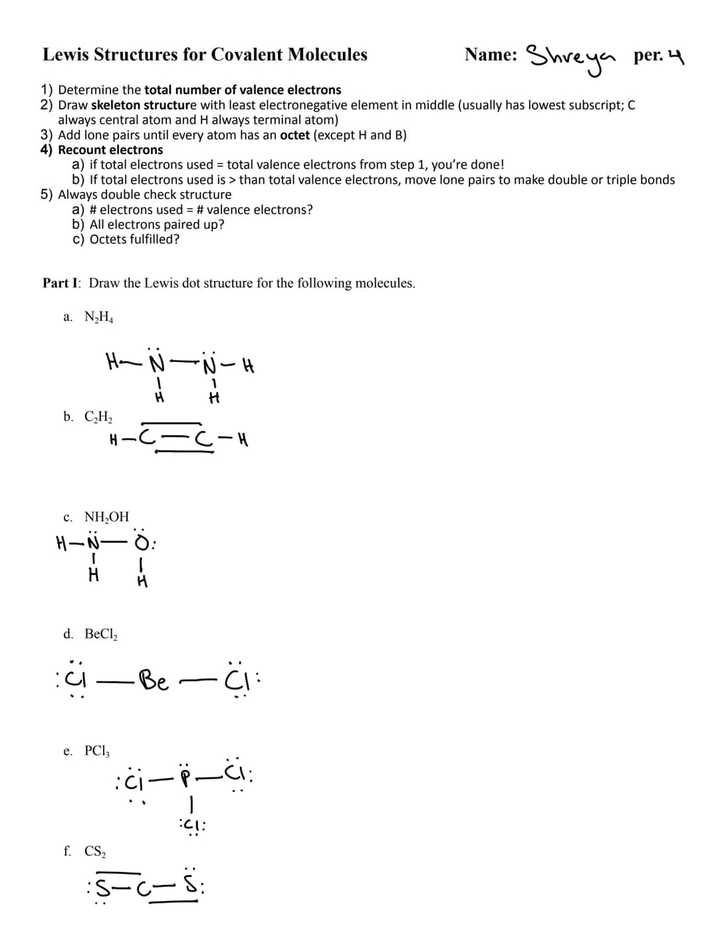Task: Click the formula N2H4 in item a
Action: tap(99, 317)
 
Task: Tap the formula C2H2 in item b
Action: tap(98, 417)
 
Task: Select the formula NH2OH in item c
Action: tap(106, 517)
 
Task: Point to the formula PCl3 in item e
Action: tap(97, 752)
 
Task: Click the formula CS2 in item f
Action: tap(97, 851)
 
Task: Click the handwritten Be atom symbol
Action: tap(154, 682)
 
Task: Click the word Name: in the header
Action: tap(491, 54)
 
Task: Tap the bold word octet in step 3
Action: tap(295, 135)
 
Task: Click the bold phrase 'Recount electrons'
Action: tap(110, 150)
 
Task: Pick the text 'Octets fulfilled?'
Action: tap(134, 239)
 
